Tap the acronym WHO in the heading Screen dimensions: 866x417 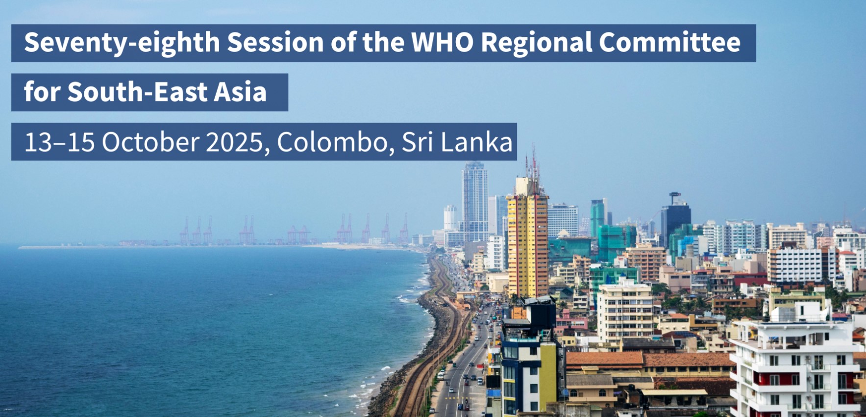443,42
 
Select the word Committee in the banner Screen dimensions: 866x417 669,42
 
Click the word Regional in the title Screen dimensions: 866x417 537,43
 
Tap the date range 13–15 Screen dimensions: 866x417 59,142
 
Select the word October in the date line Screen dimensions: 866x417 151,142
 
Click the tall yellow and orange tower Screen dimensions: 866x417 527,240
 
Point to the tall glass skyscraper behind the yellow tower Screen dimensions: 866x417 474,199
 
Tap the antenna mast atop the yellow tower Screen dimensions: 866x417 534,164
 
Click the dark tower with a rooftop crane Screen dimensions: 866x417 675,216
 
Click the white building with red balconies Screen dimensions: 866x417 796,368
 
